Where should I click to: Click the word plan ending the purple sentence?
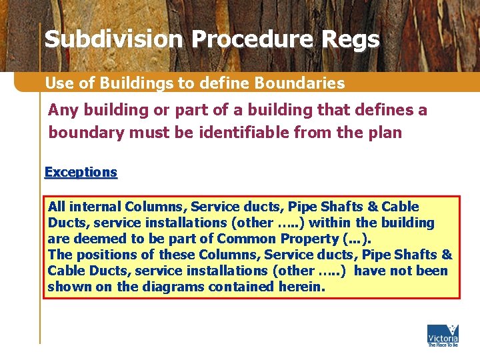(386, 132)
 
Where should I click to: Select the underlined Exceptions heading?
(81, 172)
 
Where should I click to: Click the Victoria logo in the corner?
(443, 335)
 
